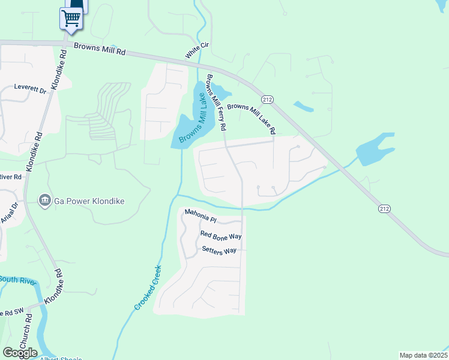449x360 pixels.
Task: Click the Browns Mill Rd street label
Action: point(99,49)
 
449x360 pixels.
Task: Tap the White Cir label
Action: point(192,50)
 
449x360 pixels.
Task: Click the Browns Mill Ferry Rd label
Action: point(215,103)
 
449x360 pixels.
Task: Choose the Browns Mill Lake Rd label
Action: point(251,118)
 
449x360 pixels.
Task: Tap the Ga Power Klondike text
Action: point(89,201)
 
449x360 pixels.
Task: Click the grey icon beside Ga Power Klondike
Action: point(44,200)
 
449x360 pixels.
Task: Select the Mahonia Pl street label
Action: point(199,214)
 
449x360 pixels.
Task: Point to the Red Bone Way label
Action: point(220,235)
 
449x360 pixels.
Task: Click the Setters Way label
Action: point(219,250)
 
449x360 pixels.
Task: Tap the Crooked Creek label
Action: point(148,287)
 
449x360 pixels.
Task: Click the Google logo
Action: point(20,352)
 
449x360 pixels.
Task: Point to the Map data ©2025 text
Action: point(423,355)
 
